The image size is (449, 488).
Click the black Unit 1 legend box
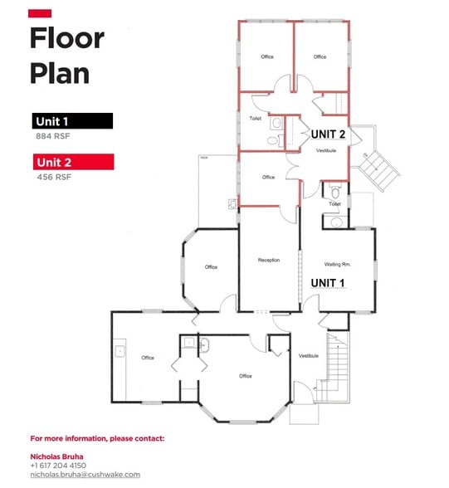[x=72, y=121]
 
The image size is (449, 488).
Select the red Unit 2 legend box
[x=72, y=163]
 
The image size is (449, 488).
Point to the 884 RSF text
[x=51, y=135]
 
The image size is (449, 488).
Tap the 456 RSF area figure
[x=51, y=177]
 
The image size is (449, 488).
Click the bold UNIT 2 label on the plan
[x=328, y=134]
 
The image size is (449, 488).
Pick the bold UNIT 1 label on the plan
[x=328, y=283]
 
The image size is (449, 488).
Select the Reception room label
[x=268, y=261]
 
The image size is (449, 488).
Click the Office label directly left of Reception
[x=211, y=266]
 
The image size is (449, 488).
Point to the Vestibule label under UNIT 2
[x=326, y=150]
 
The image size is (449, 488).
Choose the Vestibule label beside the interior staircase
[x=309, y=355]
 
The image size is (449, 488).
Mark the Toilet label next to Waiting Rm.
[x=334, y=204]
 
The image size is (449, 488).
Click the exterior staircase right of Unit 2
[x=378, y=163]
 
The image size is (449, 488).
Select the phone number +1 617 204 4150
[x=58, y=466]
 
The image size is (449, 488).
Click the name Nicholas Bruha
[x=57, y=456]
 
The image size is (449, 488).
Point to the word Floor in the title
[x=67, y=38]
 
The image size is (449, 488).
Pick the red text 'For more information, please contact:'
[x=97, y=437]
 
